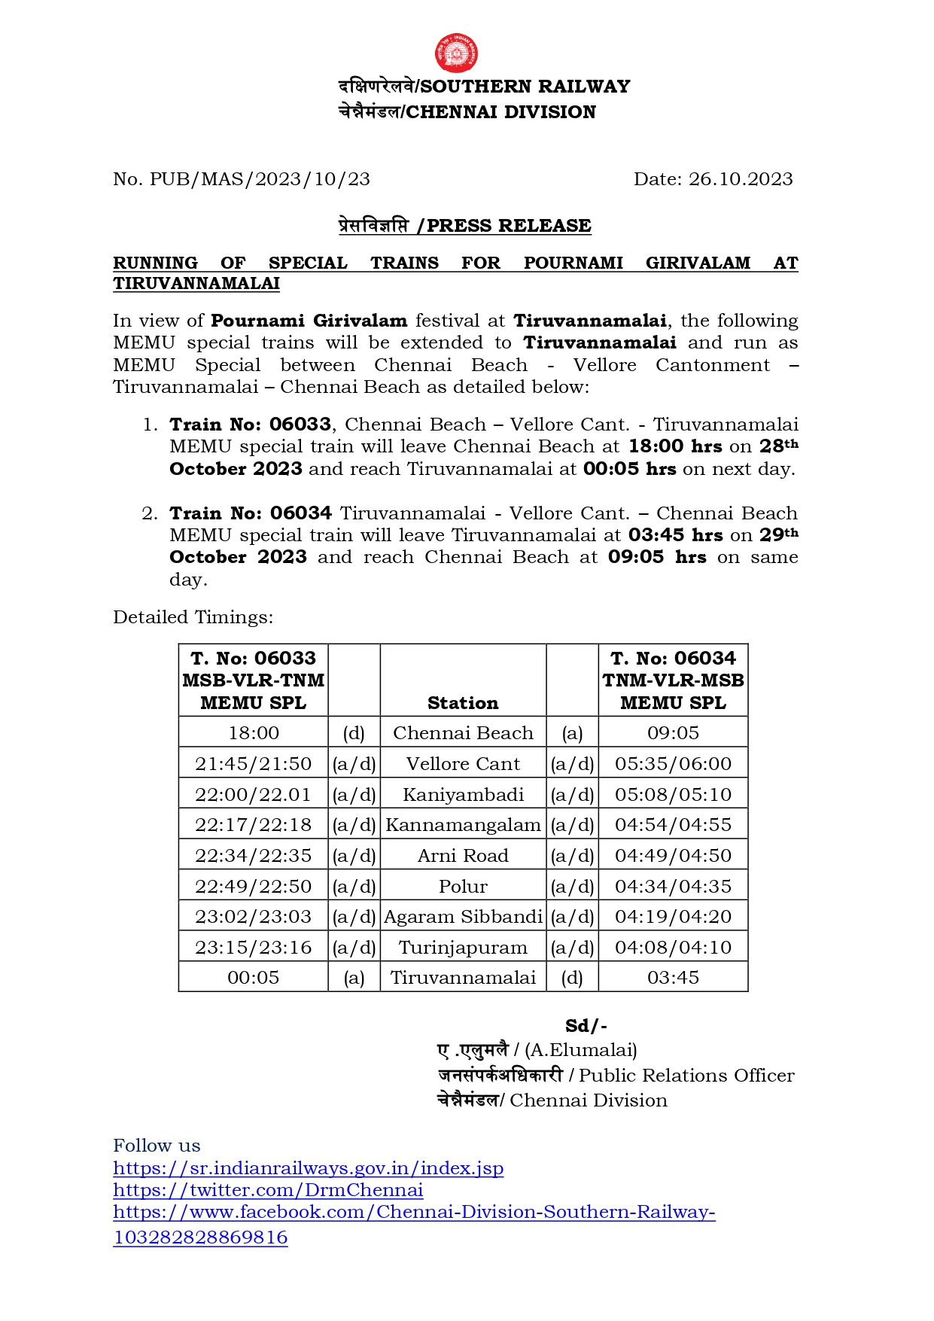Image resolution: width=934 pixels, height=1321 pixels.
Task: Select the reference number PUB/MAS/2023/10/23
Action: point(260,179)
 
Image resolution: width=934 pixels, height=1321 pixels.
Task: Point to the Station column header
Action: point(463,703)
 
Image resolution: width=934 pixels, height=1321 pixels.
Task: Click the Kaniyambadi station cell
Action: point(463,795)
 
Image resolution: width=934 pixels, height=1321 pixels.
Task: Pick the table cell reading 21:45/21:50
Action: point(253,764)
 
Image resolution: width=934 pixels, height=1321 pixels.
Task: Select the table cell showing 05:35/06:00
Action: point(673,764)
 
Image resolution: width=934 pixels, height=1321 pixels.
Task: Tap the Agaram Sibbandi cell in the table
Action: point(463,917)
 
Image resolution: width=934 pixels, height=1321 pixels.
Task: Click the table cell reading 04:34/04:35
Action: point(673,887)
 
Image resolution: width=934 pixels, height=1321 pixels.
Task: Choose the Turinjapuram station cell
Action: point(463,948)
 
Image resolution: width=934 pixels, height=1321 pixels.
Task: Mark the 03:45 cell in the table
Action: point(673,978)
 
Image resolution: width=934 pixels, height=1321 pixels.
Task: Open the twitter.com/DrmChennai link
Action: point(268,1190)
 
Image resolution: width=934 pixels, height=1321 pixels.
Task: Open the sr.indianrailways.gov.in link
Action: point(308,1168)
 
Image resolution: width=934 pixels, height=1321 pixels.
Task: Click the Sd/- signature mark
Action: point(586,1026)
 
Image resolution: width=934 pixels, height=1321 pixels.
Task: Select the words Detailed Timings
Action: point(193,617)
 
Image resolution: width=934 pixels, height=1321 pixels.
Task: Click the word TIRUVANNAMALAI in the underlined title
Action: point(196,284)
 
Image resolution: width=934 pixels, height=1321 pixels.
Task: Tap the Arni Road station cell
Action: point(463,856)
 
